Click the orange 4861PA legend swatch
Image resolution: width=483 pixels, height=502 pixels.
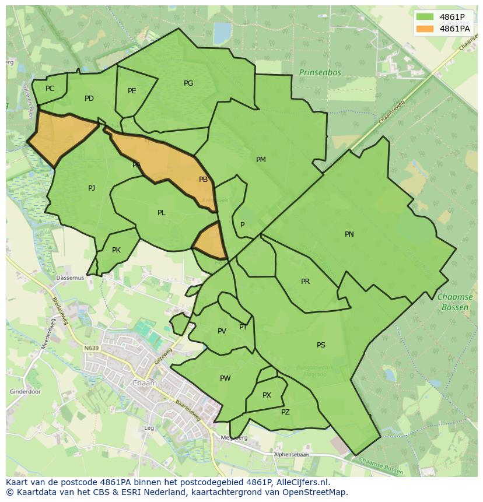point(425,29)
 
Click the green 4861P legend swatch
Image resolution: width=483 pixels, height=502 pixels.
point(425,17)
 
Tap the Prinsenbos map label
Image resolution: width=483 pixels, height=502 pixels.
point(319,72)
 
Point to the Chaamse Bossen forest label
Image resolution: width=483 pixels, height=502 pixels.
point(454,301)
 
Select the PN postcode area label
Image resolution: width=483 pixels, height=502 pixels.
point(349,234)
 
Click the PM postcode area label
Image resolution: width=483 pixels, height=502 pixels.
point(261,160)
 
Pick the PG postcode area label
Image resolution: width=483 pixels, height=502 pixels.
point(188,83)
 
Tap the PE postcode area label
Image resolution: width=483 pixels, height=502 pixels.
point(132,91)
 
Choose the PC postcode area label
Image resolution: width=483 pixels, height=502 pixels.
point(50,89)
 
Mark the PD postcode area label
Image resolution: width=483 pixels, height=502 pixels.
point(89,99)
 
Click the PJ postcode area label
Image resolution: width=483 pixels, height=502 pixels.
point(92,188)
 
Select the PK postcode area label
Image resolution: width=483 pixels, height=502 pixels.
point(116,250)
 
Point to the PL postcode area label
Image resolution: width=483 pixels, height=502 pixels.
point(162,213)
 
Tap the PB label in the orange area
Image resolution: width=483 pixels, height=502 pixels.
point(203,180)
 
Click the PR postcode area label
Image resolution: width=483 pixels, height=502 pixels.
point(305,282)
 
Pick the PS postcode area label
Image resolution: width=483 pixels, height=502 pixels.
point(321,345)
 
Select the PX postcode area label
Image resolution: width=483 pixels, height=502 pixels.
point(267,395)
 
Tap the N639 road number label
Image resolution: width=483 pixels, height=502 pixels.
point(91,348)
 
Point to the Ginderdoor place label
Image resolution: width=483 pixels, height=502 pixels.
point(26,392)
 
